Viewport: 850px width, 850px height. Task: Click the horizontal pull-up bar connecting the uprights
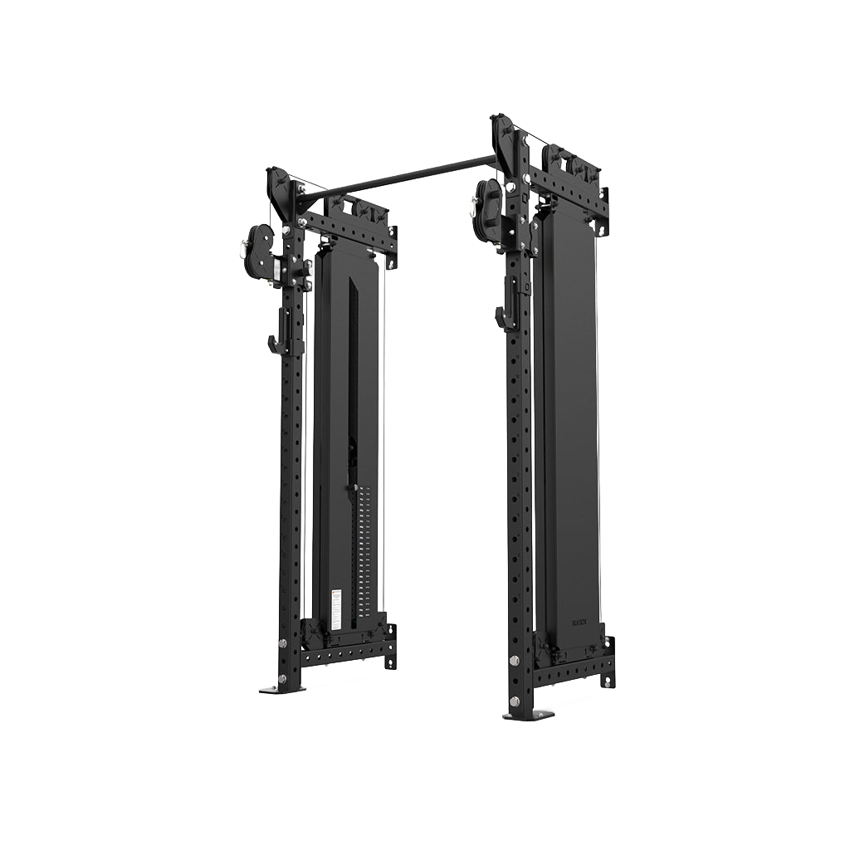coord(398,176)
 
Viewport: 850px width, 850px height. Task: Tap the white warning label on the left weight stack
coord(336,608)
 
